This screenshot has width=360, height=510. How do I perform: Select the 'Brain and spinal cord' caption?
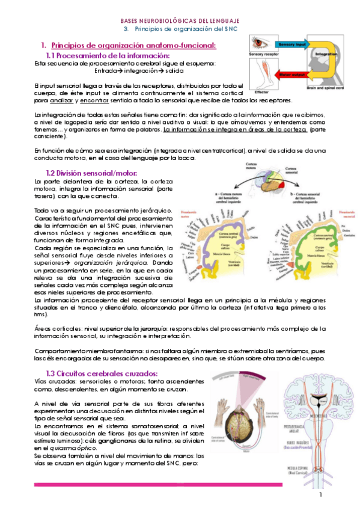tap(329, 88)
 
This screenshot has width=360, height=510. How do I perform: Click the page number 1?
tap(322, 494)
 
